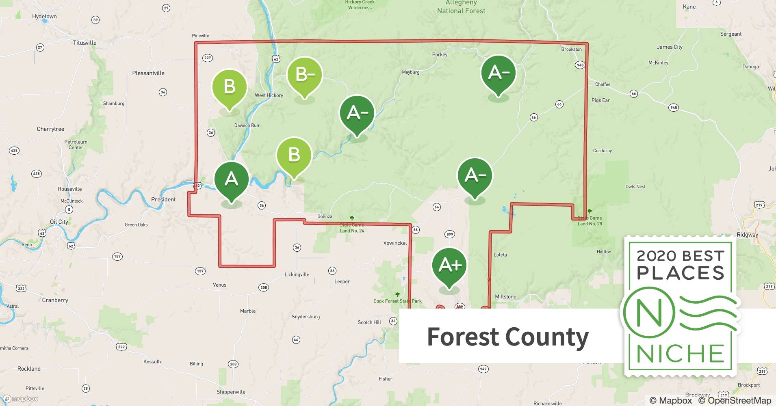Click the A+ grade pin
(449, 266)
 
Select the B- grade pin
(304, 76)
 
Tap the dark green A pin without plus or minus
(231, 179)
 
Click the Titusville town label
(85, 43)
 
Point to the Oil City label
(59, 222)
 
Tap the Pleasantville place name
(148, 73)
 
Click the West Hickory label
(269, 95)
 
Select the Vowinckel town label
(395, 243)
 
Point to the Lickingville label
(297, 274)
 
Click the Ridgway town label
(748, 235)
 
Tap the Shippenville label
(231, 392)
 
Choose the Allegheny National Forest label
(461, 7)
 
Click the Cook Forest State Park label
(397, 301)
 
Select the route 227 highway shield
(208, 58)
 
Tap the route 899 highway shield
(449, 234)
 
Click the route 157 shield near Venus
(200, 271)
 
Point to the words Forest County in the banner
(507, 337)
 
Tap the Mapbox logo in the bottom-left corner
(20, 399)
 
